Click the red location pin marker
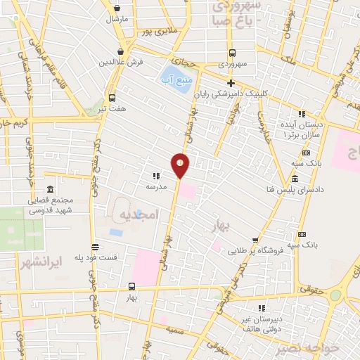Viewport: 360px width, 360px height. (181, 165)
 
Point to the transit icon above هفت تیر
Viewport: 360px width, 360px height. (112, 98)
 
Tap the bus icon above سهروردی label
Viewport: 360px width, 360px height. (231, 53)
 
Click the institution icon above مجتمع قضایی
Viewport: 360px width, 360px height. (50, 190)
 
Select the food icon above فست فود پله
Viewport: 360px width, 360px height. (95, 247)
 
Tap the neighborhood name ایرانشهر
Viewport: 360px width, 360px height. (58, 260)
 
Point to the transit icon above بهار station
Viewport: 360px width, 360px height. (131, 286)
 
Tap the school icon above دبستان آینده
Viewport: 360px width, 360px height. (302, 114)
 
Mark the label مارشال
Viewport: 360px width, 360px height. (115, 19)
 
